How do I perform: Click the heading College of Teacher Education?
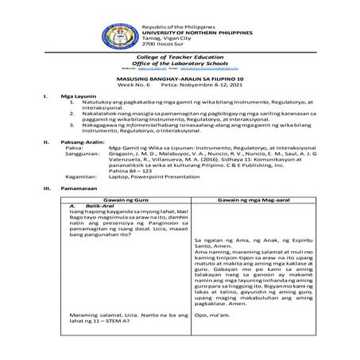tap(179, 58)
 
